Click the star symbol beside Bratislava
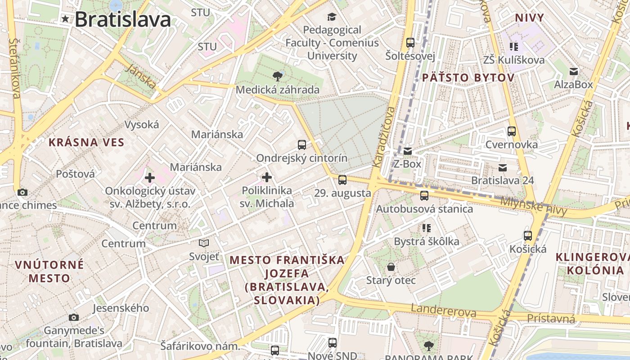pyautogui.click(x=66, y=19)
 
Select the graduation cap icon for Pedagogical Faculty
pyautogui.click(x=332, y=17)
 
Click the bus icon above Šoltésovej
pyautogui.click(x=410, y=43)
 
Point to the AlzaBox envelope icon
pyautogui.click(x=573, y=72)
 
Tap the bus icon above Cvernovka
pyautogui.click(x=511, y=131)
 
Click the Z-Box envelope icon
pyautogui.click(x=407, y=151)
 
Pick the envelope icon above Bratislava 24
pyautogui.click(x=502, y=168)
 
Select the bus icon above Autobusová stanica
pyautogui.click(x=424, y=196)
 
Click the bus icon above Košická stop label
pyautogui.click(x=528, y=235)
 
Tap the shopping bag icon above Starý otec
pyautogui.click(x=391, y=267)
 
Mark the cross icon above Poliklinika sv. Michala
pyautogui.click(x=267, y=177)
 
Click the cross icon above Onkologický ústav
pyautogui.click(x=150, y=178)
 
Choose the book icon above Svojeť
pyautogui.click(x=204, y=243)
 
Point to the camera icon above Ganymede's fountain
pyautogui.click(x=74, y=318)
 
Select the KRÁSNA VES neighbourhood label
pyautogui.click(x=86, y=143)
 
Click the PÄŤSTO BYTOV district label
pyautogui.click(x=468, y=78)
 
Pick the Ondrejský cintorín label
pyautogui.click(x=301, y=158)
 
